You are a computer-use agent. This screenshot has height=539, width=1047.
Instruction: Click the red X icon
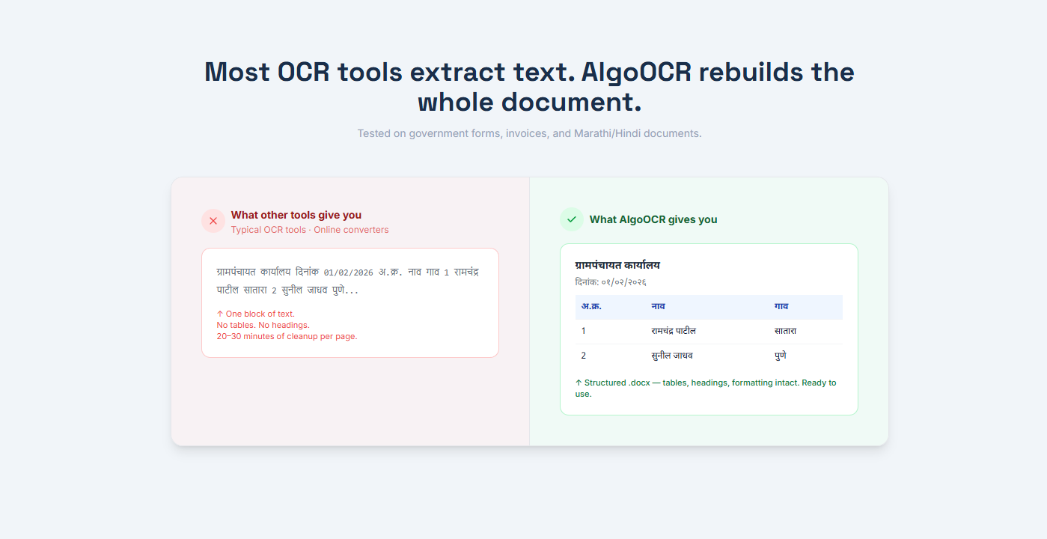tap(213, 221)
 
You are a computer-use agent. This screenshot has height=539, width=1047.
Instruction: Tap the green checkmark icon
tap(572, 219)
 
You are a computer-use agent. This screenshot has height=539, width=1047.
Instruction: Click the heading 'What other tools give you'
tap(296, 216)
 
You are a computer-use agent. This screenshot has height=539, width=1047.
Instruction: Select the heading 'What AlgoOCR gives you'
tap(653, 220)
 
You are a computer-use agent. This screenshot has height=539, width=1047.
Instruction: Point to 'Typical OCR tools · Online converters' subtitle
tap(310, 230)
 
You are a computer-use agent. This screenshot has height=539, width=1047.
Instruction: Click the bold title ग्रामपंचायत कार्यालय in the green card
tap(617, 266)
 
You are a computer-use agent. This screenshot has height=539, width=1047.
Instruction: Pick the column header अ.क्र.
tap(591, 306)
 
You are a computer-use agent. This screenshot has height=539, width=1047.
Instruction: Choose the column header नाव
tap(659, 306)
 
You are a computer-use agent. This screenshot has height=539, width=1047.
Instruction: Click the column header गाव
tap(781, 306)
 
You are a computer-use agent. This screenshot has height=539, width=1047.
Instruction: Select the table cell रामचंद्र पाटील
tap(674, 331)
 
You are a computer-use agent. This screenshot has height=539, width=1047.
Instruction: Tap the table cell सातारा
tap(785, 331)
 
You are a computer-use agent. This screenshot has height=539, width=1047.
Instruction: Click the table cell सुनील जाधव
tap(672, 356)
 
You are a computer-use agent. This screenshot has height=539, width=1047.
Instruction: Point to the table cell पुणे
tap(781, 356)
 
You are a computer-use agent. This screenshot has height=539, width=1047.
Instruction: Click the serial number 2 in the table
tap(584, 356)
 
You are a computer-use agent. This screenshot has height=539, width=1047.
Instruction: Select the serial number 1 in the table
tap(584, 331)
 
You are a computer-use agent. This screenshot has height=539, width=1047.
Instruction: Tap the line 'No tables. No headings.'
tap(263, 325)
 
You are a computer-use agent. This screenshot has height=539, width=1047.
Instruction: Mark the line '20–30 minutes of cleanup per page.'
tap(287, 336)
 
